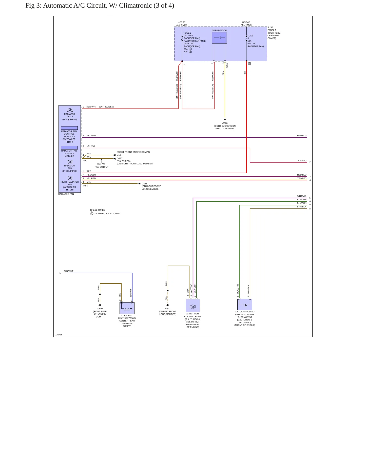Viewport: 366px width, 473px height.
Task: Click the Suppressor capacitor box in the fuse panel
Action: click(219, 38)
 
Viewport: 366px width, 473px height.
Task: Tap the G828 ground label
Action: click(225, 123)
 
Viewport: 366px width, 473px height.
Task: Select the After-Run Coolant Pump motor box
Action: click(193, 306)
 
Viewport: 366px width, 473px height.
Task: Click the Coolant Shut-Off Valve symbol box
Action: click(127, 308)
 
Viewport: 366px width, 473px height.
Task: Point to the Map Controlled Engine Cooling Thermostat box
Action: click(245, 304)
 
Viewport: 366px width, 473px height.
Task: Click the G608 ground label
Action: click(100, 309)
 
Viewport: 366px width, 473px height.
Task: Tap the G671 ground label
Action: click(168, 309)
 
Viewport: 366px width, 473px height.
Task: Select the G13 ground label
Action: click(119, 155)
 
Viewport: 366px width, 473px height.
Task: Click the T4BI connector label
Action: click(85, 161)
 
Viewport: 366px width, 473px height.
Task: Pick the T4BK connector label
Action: click(85, 186)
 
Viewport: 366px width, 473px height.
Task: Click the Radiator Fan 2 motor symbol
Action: click(70, 110)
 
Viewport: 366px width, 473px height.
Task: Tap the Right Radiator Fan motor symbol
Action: click(70, 178)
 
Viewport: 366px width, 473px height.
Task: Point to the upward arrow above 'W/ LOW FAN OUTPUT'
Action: click(102, 161)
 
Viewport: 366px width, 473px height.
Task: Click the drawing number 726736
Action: click(59, 335)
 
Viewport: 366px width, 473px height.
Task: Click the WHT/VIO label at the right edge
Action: click(302, 196)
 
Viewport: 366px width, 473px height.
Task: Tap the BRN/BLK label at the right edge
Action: click(302, 207)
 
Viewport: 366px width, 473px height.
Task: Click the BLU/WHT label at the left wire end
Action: click(68, 271)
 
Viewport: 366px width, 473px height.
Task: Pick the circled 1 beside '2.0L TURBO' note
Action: click(92, 210)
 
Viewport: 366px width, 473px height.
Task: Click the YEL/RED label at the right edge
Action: click(302, 178)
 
